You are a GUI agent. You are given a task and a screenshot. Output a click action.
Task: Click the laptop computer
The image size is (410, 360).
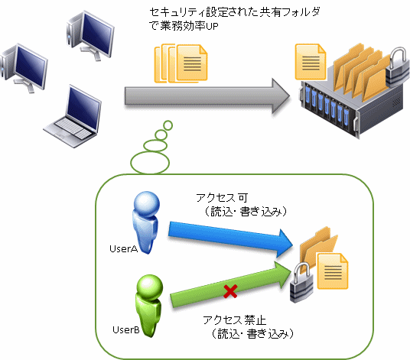coord(73,116)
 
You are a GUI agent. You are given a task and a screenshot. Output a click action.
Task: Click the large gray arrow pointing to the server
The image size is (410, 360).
coord(207,96)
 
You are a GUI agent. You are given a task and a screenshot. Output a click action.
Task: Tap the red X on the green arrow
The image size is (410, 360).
coord(231,291)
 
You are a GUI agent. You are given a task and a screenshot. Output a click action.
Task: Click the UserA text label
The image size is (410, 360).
coord(123,249)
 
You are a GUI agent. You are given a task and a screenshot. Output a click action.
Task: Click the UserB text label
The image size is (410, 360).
coord(126,330)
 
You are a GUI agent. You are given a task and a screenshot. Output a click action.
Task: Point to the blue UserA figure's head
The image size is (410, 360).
coord(147,203)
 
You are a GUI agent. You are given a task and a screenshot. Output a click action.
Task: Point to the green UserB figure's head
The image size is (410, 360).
coord(150,287)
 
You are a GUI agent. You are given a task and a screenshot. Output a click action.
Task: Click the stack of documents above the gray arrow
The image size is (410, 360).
coord(181,63)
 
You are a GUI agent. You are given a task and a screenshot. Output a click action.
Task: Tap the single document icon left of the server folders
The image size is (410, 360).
coord(311,62)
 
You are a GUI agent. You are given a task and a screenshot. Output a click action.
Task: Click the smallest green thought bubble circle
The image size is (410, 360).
coord(168,125)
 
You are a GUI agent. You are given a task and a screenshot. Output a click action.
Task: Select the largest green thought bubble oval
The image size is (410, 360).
coord(150,163)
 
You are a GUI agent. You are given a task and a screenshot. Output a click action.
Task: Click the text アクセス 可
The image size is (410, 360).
coord(222,198)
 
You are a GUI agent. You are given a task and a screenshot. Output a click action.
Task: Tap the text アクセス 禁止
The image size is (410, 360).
coord(234,320)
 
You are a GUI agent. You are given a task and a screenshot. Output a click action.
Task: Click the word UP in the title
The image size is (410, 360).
coord(212,27)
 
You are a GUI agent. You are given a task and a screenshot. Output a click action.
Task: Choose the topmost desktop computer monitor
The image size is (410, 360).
coord(96,34)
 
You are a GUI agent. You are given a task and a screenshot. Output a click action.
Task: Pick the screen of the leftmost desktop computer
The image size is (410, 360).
coord(31,66)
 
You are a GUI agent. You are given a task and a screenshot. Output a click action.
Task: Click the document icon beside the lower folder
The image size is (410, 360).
coord(333,271)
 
